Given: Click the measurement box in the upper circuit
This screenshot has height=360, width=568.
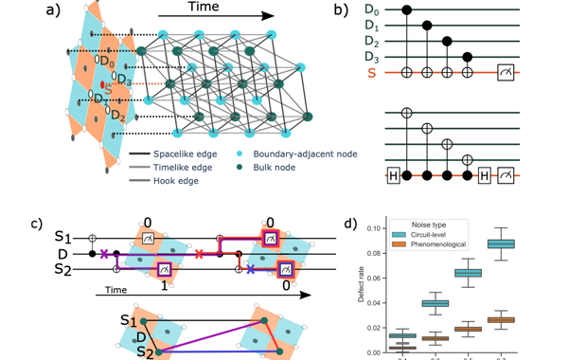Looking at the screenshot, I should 507,72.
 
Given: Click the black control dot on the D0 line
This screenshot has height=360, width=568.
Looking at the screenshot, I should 408,10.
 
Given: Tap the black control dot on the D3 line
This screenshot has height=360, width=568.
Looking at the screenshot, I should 468,57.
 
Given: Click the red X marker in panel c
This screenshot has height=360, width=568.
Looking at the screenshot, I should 199,254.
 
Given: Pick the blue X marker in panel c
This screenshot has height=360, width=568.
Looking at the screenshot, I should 250,270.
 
